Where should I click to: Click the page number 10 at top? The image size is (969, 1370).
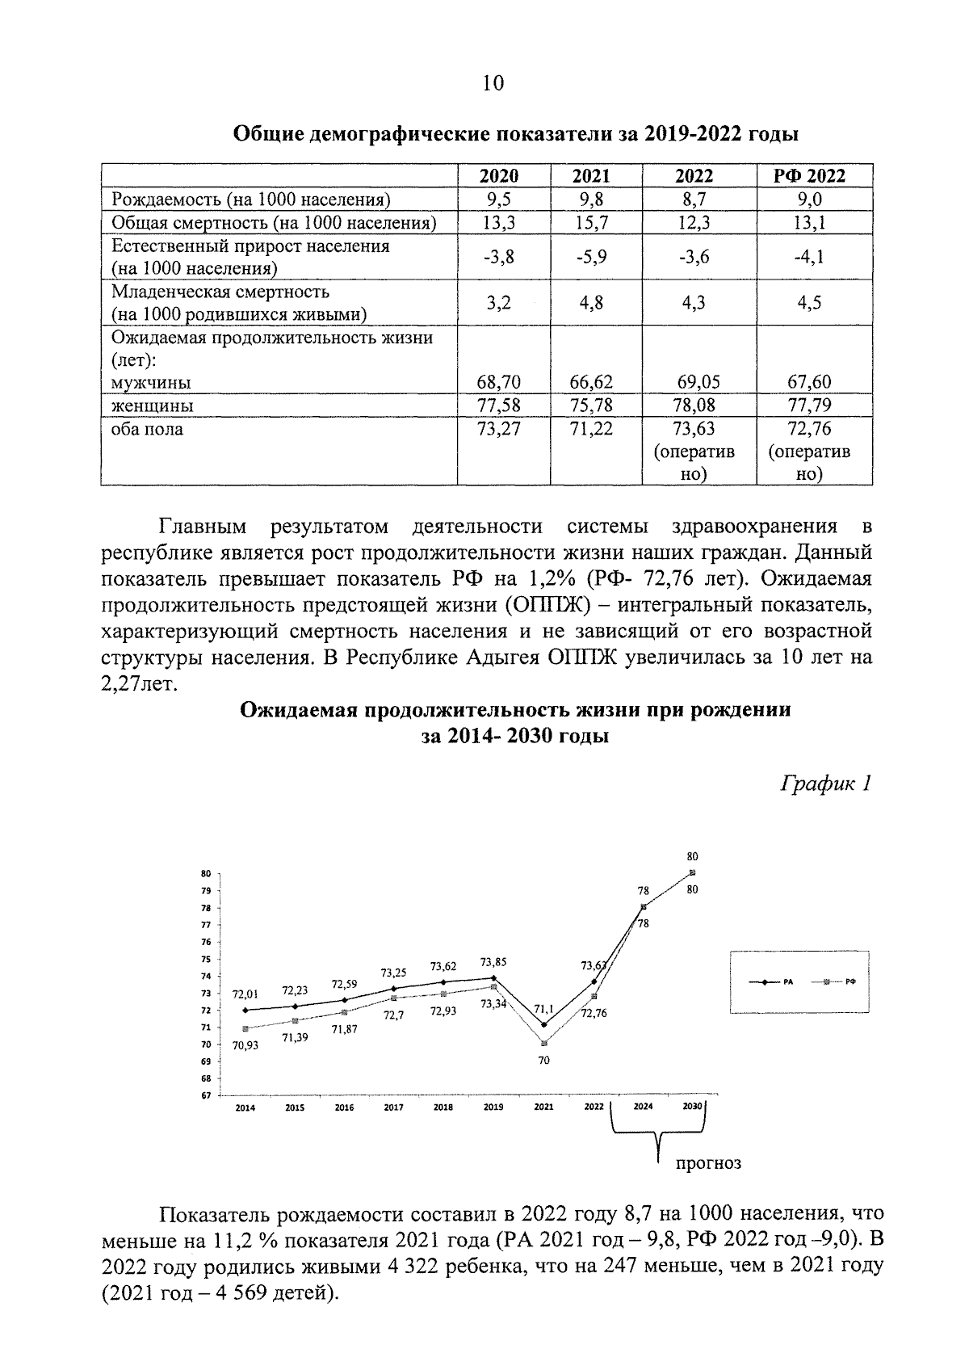(x=493, y=83)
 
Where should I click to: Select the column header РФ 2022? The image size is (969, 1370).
(x=814, y=176)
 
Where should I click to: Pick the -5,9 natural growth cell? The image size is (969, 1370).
(x=591, y=257)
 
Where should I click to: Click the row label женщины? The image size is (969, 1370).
(x=153, y=405)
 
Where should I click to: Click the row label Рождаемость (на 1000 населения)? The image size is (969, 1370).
(x=251, y=200)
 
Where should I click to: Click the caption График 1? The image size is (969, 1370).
(x=824, y=783)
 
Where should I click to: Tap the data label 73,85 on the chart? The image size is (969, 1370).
(x=493, y=962)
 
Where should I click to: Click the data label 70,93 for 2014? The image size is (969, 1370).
(x=245, y=1044)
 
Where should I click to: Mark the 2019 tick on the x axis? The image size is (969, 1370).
(x=493, y=1107)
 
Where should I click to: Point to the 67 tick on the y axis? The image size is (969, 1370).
(x=205, y=1095)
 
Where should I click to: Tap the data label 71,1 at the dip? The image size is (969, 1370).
(x=543, y=1008)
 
